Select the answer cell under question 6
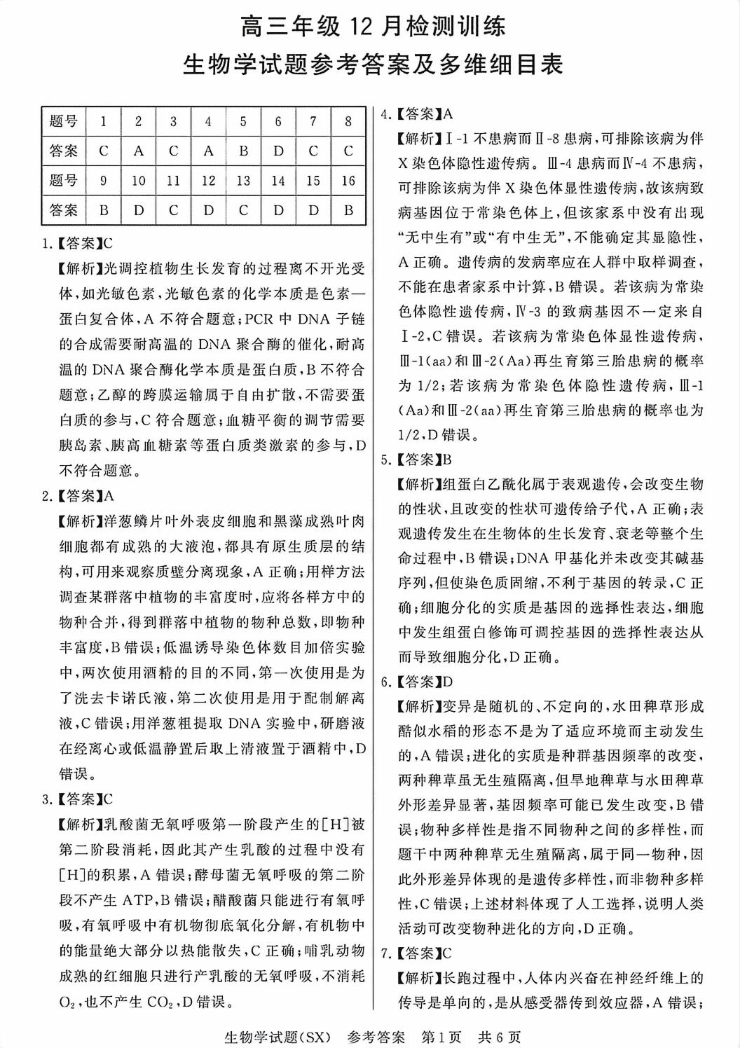[x=278, y=151]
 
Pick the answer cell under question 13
[x=243, y=210]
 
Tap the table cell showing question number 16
[x=348, y=181]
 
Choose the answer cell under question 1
[x=104, y=151]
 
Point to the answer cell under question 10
[x=139, y=210]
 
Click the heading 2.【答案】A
[x=78, y=497]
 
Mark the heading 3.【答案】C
[x=78, y=799]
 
